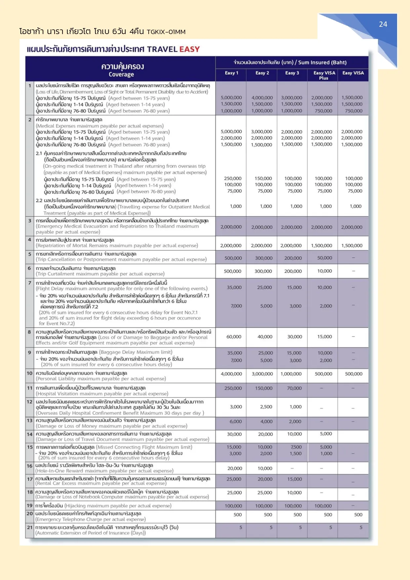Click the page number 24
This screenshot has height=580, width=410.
(383, 24)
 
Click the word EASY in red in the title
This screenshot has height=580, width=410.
(189, 49)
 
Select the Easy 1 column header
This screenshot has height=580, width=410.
(231, 73)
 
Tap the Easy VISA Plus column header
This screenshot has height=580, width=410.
(324, 75)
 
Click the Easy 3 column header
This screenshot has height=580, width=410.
(292, 73)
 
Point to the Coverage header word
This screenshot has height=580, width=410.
(121, 74)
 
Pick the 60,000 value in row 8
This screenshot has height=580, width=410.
(234, 336)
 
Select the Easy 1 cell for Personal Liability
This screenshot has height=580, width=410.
(231, 374)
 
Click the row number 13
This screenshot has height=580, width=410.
(30, 420)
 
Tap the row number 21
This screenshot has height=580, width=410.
(30, 527)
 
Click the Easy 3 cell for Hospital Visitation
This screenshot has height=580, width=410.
(294, 388)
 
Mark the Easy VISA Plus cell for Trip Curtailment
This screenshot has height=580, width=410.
(324, 271)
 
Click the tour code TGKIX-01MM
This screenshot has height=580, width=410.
(166, 32)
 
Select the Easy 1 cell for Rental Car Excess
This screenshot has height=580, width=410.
(234, 479)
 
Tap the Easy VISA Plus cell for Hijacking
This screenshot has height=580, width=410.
(323, 506)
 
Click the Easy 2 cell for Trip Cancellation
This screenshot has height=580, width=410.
(264, 258)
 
